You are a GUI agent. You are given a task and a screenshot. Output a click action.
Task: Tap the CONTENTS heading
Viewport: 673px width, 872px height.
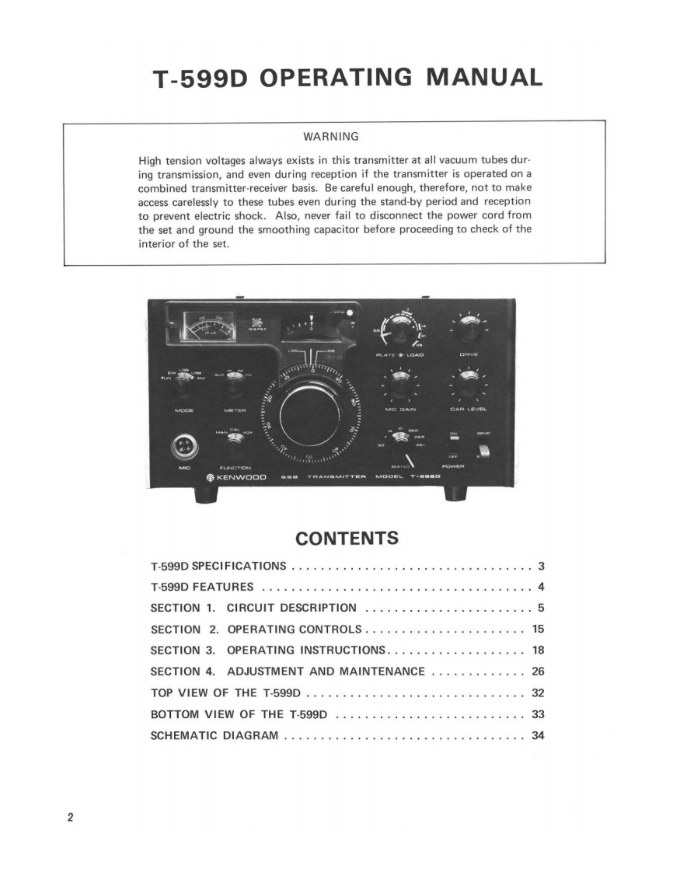[347, 539]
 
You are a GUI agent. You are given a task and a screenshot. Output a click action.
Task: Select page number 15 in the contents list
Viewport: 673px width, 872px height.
[537, 629]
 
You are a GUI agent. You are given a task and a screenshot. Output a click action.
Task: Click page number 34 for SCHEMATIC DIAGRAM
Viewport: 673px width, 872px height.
[537, 734]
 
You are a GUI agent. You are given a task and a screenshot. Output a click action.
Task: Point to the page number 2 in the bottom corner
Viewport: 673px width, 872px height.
[70, 817]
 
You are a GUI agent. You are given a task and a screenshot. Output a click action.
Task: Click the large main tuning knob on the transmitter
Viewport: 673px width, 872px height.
[310, 410]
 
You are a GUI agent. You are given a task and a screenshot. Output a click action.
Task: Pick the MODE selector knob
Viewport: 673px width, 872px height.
[185, 381]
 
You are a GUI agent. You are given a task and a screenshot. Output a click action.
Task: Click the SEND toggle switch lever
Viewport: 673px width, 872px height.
[483, 451]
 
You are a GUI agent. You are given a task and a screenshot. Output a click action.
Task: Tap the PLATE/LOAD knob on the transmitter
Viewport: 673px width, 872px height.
[398, 330]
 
